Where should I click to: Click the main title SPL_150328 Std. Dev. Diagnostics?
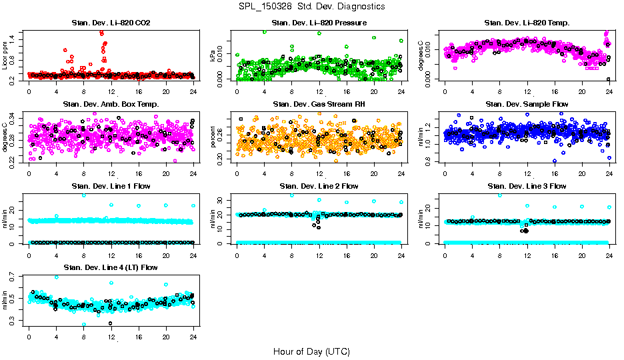[311, 7]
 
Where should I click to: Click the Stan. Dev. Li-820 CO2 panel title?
[111, 23]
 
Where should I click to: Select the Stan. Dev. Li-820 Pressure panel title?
[319, 23]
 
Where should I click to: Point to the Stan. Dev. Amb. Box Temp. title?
[111, 105]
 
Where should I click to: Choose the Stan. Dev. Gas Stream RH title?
[319, 105]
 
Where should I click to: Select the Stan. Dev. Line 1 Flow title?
[111, 186]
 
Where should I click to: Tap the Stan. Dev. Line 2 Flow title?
[319, 186]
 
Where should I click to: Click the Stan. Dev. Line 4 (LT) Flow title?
[111, 267]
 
